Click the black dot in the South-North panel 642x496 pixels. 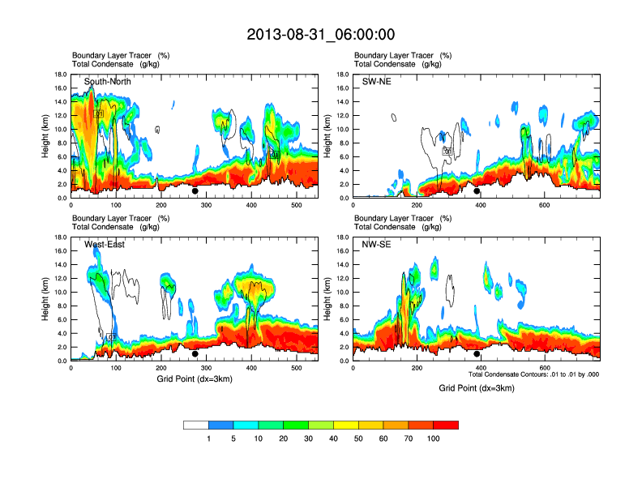coord(195,191)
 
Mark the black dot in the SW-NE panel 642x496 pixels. coord(477,191)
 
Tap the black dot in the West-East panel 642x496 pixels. coord(195,354)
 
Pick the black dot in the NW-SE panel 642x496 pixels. coord(477,354)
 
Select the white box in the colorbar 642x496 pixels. coord(196,425)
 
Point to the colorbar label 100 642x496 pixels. coord(434,438)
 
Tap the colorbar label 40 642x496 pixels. coord(333,438)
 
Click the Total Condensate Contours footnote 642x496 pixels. coord(533,375)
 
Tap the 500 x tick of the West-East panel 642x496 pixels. coord(297,368)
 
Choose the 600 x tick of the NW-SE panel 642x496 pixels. coord(542,368)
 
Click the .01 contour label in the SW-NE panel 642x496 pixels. coord(447,151)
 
